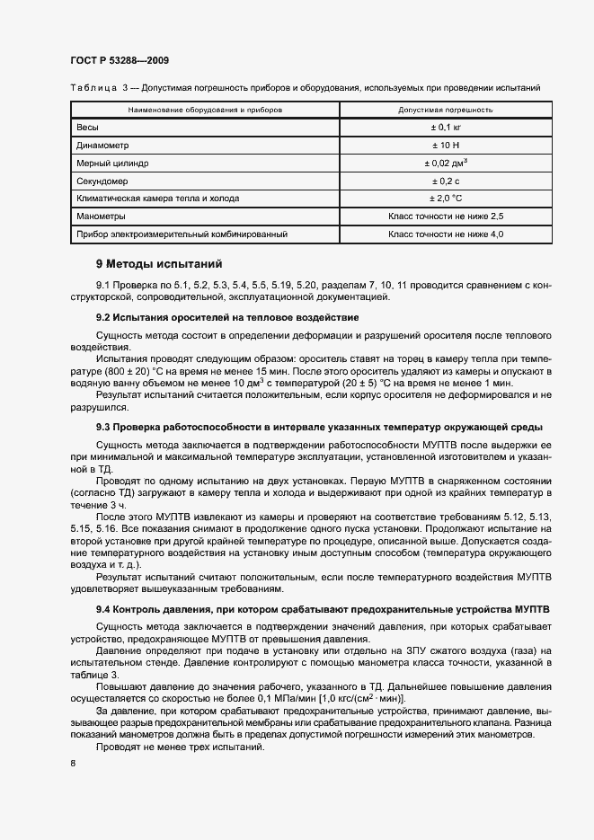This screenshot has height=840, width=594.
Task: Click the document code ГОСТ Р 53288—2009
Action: [x=119, y=60]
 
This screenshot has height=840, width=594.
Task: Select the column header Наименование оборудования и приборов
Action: [x=205, y=110]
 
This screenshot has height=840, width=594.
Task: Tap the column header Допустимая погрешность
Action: [x=446, y=110]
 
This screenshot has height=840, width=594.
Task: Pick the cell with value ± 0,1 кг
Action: [x=446, y=128]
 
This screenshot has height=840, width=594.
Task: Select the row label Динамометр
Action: [x=103, y=146]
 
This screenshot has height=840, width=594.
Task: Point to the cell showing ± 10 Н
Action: [x=446, y=146]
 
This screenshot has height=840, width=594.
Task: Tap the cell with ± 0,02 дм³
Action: [x=446, y=164]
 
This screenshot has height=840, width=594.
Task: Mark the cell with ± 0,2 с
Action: [x=446, y=181]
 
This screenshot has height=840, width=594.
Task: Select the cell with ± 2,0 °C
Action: [x=446, y=199]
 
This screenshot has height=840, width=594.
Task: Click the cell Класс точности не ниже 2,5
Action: [x=446, y=217]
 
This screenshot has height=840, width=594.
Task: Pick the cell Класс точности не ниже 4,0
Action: [x=446, y=234]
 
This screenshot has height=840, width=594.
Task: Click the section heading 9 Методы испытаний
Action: [x=159, y=264]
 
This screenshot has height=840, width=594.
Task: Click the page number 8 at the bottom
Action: [x=73, y=764]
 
